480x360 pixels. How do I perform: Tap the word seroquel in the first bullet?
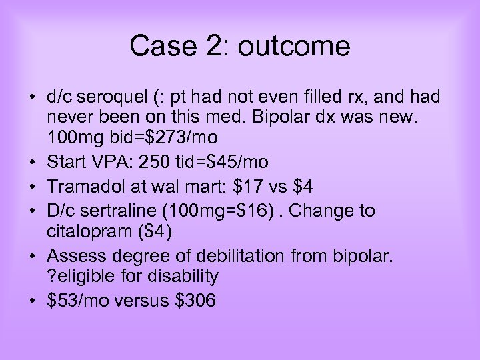(x=105, y=98)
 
